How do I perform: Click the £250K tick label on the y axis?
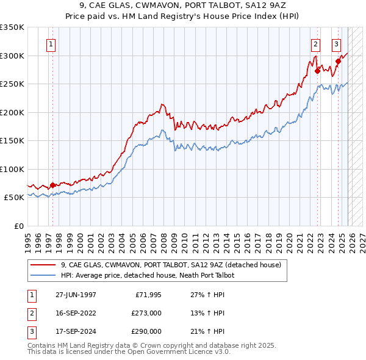pyautogui.click(x=12, y=84)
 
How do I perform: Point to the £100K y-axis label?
pyautogui.click(x=12, y=169)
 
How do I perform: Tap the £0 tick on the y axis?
pyautogui.click(x=18, y=226)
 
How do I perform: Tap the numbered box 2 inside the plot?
pyautogui.click(x=315, y=44)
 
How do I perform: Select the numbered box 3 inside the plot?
pyautogui.click(x=336, y=44)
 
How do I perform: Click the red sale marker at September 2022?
pyautogui.click(x=317, y=71)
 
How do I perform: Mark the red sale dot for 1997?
pyautogui.click(x=53, y=185)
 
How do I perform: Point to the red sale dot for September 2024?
pyautogui.click(x=338, y=62)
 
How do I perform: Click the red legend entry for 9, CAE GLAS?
pyautogui.click(x=171, y=265)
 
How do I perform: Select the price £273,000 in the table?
pyautogui.click(x=146, y=313)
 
